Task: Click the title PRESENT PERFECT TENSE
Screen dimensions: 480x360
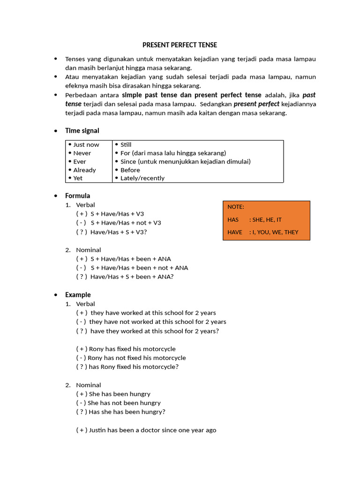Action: tap(180, 45)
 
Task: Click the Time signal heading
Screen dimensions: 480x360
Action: tap(82, 130)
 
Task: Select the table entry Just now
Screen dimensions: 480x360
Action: tap(86, 144)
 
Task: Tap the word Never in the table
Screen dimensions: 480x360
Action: tap(82, 153)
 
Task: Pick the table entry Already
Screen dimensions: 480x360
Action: tap(84, 170)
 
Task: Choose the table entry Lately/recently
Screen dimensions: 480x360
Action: tap(142, 178)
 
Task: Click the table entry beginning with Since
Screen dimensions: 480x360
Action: tap(185, 161)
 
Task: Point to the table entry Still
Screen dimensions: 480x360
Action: tap(126, 144)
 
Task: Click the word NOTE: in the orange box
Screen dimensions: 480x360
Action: tap(236, 207)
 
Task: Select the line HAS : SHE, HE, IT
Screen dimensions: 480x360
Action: tap(255, 219)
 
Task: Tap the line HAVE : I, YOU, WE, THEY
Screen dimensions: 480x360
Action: tap(262, 232)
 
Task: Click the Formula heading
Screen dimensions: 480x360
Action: tap(77, 195)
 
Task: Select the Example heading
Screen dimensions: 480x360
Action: tap(78, 295)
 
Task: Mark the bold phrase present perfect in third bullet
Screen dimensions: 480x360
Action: tap(256, 104)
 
